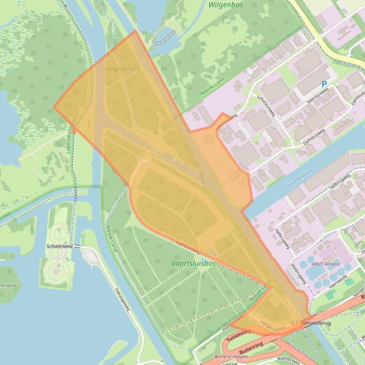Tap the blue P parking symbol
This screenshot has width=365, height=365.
(325, 84)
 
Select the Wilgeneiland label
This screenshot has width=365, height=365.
(123, 69)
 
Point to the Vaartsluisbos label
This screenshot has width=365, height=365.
(193, 263)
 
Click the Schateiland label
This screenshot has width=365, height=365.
(59, 246)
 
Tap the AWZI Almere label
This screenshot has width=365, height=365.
(323, 264)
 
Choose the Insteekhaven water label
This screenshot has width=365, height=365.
(299, 179)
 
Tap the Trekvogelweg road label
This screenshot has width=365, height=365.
(122, 300)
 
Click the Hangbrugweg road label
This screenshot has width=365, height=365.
(272, 326)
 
